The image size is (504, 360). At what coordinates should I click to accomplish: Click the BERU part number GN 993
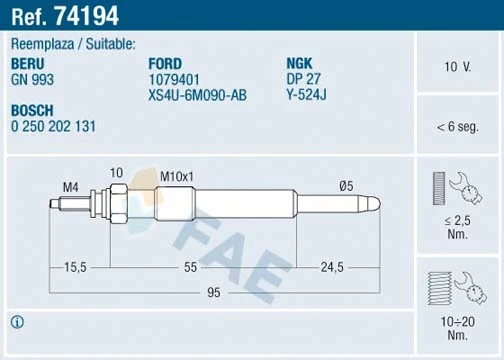click(x=33, y=78)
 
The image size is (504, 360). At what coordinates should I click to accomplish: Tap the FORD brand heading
click(x=165, y=62)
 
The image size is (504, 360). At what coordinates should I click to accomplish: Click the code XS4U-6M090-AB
click(x=197, y=94)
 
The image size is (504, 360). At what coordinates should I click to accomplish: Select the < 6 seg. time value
click(x=458, y=128)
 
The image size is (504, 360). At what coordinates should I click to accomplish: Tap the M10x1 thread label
click(x=176, y=176)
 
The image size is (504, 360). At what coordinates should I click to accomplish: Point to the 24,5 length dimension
click(x=331, y=267)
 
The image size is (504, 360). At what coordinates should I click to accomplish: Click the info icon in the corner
click(x=17, y=322)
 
